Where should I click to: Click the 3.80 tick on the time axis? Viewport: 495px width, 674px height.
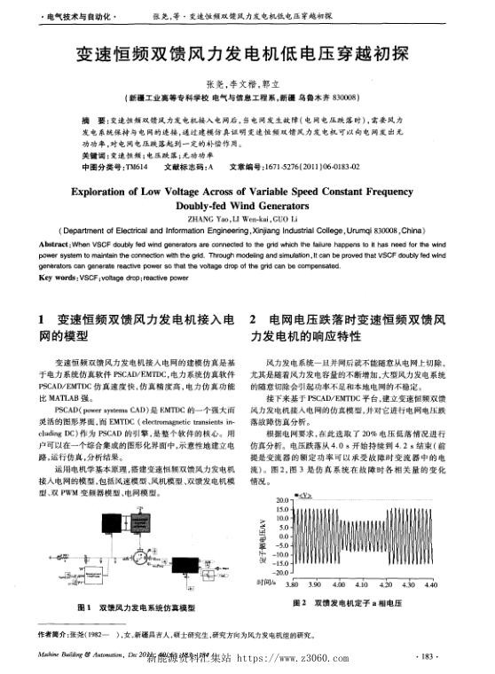point(291,585)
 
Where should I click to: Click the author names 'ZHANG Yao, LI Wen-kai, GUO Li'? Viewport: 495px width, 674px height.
point(247,220)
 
